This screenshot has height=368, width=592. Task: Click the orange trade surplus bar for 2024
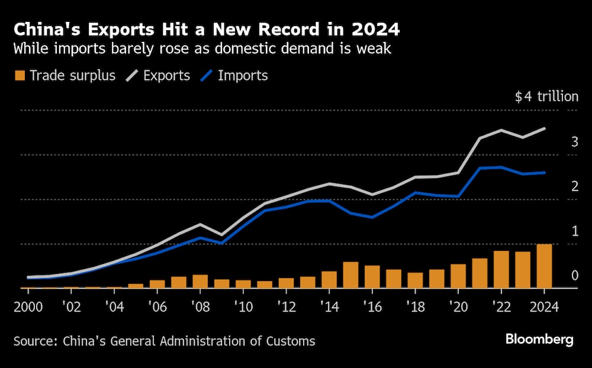click(544, 266)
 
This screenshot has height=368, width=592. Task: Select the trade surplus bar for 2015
click(350, 275)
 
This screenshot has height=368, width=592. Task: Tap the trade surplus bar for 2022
click(501, 270)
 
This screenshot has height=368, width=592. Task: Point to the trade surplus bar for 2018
click(415, 280)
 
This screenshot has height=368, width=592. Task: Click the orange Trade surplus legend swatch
click(20, 76)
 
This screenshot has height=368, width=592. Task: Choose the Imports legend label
click(243, 76)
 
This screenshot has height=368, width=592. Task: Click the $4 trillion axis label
click(546, 97)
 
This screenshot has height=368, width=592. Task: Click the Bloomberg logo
click(539, 339)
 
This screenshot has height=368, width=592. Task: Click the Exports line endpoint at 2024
click(544, 128)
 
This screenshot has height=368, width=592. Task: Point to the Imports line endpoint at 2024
click(544, 173)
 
